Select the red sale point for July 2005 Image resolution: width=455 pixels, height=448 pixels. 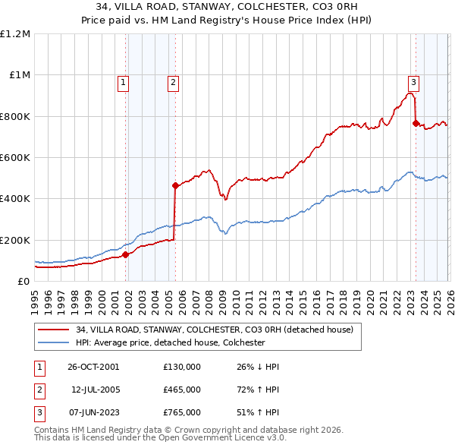(x=175, y=185)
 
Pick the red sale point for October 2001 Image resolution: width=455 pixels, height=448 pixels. (x=126, y=254)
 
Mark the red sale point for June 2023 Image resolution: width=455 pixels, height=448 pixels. (x=416, y=123)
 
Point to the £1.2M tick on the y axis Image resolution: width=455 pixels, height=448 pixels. (x=15, y=34)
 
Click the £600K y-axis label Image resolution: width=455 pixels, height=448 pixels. (x=15, y=158)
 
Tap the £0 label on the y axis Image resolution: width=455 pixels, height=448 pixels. (x=24, y=282)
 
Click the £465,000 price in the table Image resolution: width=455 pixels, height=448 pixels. (x=182, y=390)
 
